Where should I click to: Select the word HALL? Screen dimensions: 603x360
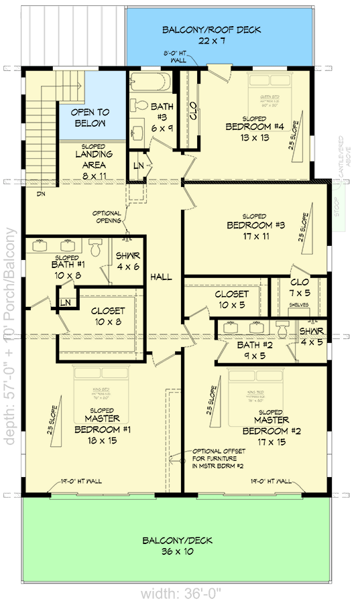click(162, 277)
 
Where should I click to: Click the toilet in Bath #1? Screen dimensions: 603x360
click(96, 249)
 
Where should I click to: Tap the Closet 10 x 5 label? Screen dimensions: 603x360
click(231, 299)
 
